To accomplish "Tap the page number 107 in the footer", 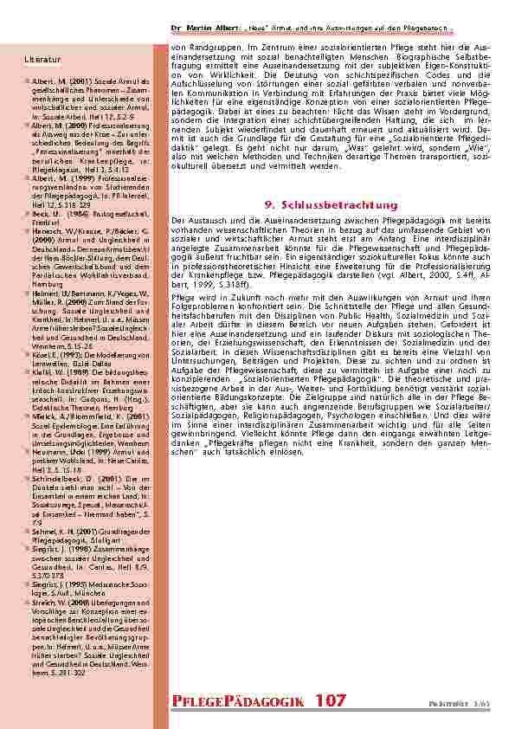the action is [x=331, y=700].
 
